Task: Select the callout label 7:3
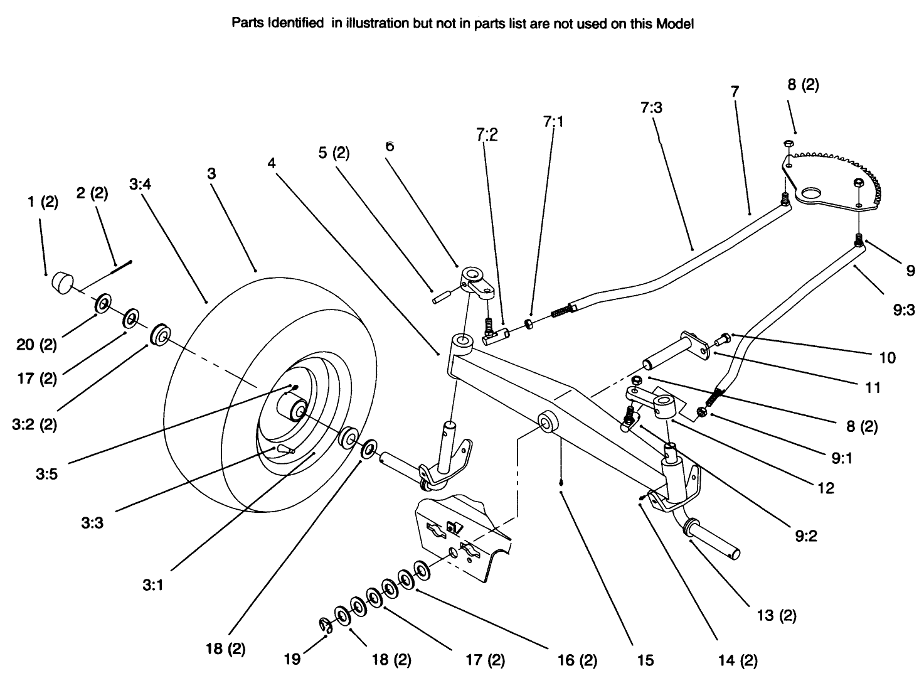click(x=651, y=107)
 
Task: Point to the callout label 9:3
click(x=903, y=309)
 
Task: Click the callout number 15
click(x=645, y=660)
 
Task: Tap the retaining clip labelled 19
click(x=325, y=625)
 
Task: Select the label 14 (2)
click(x=738, y=660)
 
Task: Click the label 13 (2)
click(x=776, y=615)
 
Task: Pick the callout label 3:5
click(x=46, y=474)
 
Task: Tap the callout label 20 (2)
click(x=36, y=345)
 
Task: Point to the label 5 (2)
click(x=334, y=153)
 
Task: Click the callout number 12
click(x=826, y=488)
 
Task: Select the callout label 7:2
click(x=487, y=134)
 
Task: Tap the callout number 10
click(x=887, y=357)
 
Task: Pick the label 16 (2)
click(x=576, y=660)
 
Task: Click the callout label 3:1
click(x=152, y=584)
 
